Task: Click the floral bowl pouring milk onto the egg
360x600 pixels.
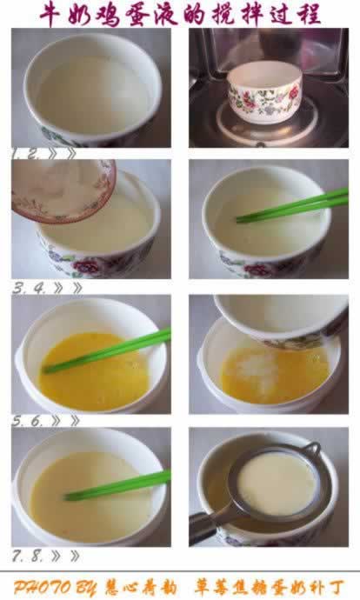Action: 278,317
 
